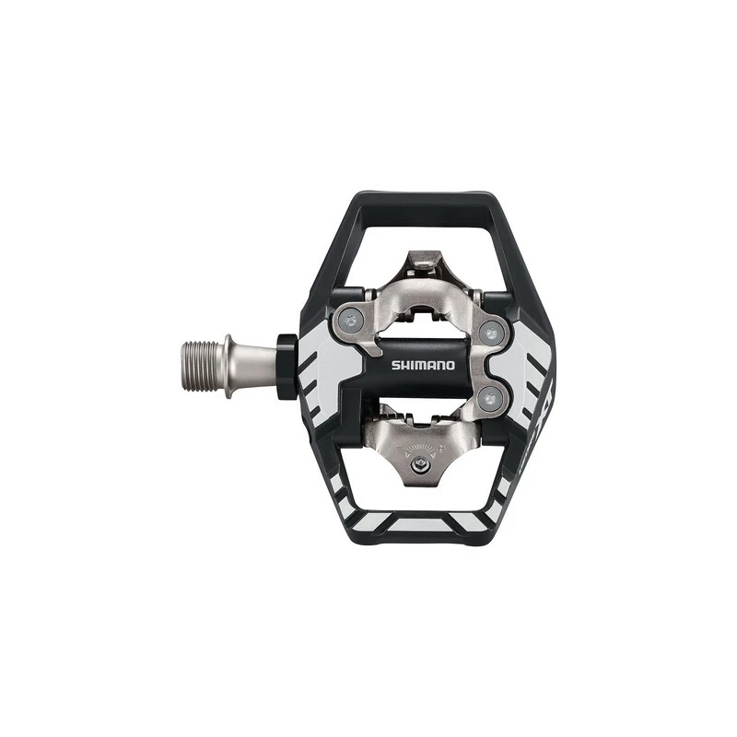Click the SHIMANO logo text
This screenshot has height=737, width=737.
(x=423, y=365)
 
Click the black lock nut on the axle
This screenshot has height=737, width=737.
(x=287, y=366)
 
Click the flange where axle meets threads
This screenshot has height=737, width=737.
(x=228, y=365)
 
